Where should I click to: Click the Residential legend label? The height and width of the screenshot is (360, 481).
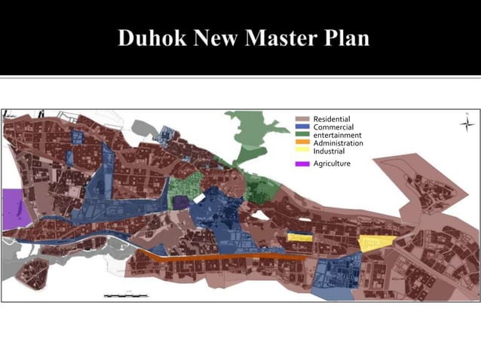[x=332, y=120]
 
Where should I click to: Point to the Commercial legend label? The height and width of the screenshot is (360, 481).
[x=333, y=127]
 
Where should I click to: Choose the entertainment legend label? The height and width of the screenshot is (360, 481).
[x=337, y=135]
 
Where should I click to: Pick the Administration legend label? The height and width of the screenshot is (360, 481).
[x=338, y=143]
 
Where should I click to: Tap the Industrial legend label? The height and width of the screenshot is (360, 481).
[x=329, y=151]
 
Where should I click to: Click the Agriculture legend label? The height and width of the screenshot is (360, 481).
[x=332, y=163]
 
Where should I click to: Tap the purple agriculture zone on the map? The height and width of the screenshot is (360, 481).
[x=16, y=209]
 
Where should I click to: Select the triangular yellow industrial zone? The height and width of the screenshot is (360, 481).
[x=375, y=243]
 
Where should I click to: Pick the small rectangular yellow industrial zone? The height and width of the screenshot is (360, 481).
[x=299, y=236]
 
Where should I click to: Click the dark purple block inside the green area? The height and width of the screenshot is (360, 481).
[x=181, y=202]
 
